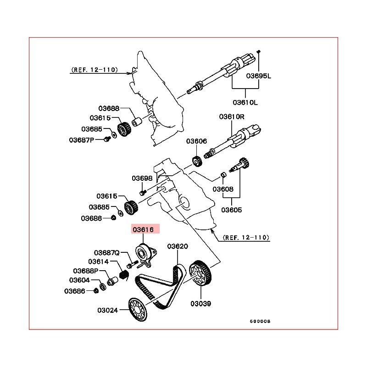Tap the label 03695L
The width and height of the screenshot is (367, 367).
click(x=259, y=76)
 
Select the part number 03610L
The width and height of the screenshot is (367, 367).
click(x=245, y=102)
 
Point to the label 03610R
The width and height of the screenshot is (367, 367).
click(x=232, y=117)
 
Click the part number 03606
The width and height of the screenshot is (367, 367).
click(x=196, y=142)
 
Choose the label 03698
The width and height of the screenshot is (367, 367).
click(x=142, y=178)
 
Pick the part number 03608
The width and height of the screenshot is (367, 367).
click(x=223, y=189)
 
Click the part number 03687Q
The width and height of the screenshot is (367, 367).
click(x=107, y=253)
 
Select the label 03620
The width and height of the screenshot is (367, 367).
click(x=177, y=246)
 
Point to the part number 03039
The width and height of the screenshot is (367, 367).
click(x=201, y=303)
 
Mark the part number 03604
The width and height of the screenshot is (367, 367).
click(x=79, y=280)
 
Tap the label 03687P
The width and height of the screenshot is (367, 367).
click(x=81, y=139)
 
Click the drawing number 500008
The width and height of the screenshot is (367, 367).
click(x=260, y=321)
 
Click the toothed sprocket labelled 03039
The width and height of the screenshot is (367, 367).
click(x=201, y=273)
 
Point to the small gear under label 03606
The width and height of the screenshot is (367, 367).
click(x=196, y=161)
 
